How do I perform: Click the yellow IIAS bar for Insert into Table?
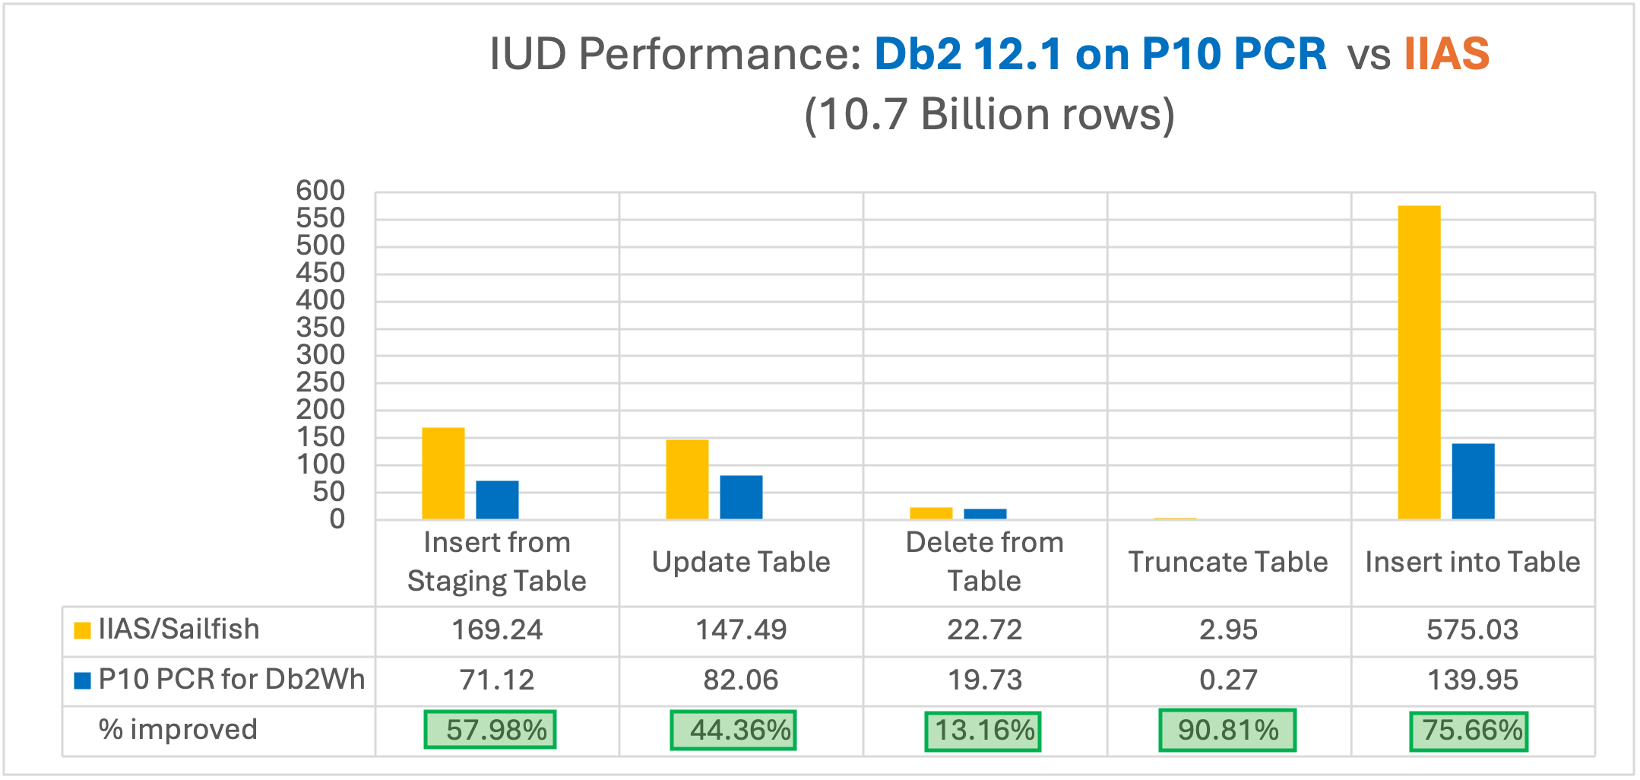coord(1419,363)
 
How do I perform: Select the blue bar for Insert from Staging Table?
coord(497,500)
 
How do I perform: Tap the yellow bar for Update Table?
coord(687,480)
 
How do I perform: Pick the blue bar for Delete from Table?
coord(985,514)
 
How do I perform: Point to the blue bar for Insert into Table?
coord(1473,481)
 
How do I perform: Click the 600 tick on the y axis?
coord(321,191)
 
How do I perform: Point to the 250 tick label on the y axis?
coord(321,382)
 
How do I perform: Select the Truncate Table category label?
coord(1228,562)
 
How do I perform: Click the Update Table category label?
coord(741,562)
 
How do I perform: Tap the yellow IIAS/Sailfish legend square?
coord(82,630)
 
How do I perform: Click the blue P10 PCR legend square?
coord(82,680)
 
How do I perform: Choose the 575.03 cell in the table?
coord(1472,630)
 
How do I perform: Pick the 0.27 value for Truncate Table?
coord(1228,680)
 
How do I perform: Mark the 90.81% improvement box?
coord(1227,731)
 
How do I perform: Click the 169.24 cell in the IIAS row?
coord(497,630)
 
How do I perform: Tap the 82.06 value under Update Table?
coord(741,680)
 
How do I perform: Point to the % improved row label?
coord(178,730)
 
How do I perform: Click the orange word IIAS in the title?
coord(1446,54)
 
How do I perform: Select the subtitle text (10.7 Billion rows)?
coord(989,115)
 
